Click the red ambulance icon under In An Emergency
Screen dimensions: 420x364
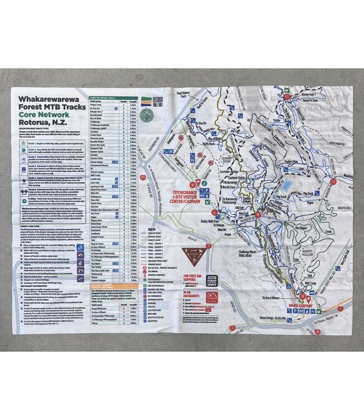click(212, 298)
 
